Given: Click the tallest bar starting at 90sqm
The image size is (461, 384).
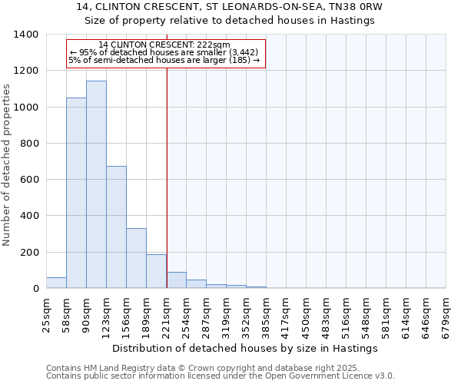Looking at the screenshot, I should pyautogui.click(x=96, y=184).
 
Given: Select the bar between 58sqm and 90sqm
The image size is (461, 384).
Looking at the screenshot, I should pyautogui.click(x=76, y=193).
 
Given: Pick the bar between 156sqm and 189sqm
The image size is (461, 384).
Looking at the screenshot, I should pyautogui.click(x=136, y=258).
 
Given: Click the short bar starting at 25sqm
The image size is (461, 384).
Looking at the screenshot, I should pyautogui.click(x=56, y=283).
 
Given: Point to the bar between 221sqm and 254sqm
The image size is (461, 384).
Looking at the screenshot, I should pyautogui.click(x=176, y=280).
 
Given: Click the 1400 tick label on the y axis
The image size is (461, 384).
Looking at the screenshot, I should pyautogui.click(x=26, y=35).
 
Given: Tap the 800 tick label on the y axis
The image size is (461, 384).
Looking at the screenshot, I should pyautogui.click(x=29, y=144).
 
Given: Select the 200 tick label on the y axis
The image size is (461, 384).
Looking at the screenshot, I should pyautogui.click(x=29, y=253).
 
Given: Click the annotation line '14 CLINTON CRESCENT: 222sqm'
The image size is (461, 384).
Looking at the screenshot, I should pyautogui.click(x=165, y=45).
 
